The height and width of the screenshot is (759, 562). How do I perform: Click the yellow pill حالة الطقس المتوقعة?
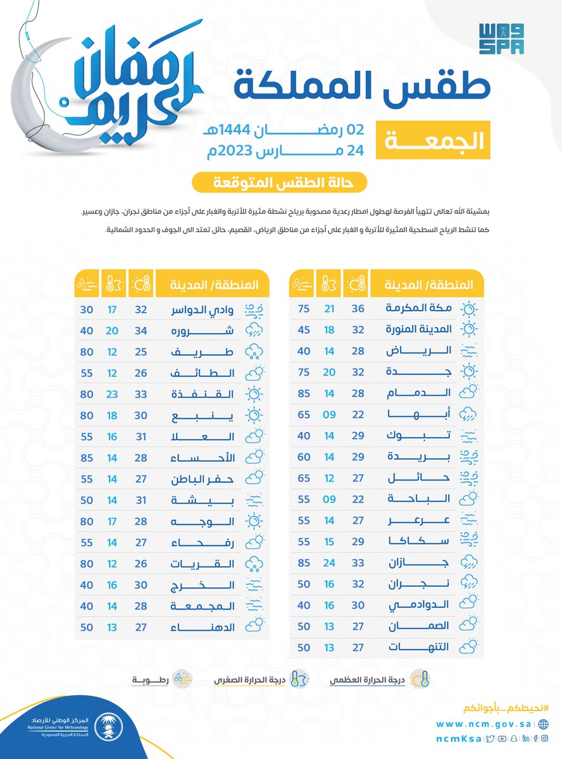click(280, 183)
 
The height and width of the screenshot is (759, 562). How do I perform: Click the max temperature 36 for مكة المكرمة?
click(358, 308)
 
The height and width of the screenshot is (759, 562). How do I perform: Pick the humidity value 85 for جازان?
click(303, 563)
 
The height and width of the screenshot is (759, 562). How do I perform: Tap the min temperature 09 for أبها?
click(330, 414)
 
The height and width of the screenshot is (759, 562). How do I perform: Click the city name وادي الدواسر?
click(204, 310)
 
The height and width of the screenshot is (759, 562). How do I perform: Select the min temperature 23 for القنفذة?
click(113, 394)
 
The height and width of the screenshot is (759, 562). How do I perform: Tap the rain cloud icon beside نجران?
click(469, 584)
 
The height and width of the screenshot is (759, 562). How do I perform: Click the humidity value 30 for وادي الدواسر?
click(87, 310)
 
